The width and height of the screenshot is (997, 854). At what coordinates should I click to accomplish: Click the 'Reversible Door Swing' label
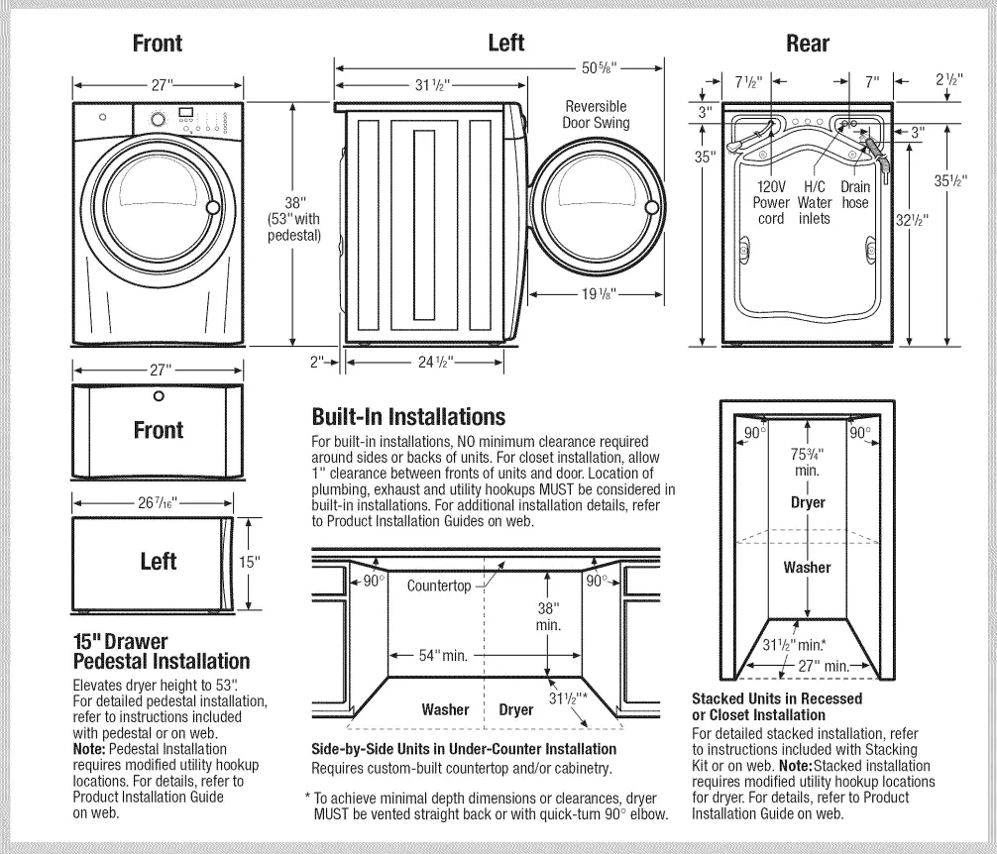pyautogui.click(x=596, y=115)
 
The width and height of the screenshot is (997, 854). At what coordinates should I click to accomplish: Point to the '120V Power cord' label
pyautogui.click(x=771, y=202)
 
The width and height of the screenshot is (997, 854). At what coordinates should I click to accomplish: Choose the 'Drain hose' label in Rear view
pyautogui.click(x=854, y=194)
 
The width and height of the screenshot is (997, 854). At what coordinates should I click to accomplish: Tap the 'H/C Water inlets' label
pyautogui.click(x=814, y=202)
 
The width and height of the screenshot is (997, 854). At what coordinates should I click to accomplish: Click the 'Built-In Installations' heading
pyautogui.click(x=408, y=416)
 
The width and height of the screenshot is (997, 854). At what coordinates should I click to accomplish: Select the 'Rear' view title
pyautogui.click(x=807, y=43)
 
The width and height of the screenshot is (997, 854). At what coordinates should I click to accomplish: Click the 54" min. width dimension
pyautogui.click(x=441, y=656)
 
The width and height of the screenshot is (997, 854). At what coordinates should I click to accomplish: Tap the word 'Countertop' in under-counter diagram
pyautogui.click(x=439, y=586)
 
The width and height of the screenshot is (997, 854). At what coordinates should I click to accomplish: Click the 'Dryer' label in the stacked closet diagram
pyautogui.click(x=808, y=502)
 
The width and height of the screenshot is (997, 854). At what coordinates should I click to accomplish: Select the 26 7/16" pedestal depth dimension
pyautogui.click(x=159, y=502)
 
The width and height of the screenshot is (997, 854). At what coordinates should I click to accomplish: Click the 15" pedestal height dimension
pyautogui.click(x=250, y=562)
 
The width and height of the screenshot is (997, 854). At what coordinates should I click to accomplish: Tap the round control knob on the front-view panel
pyautogui.click(x=158, y=118)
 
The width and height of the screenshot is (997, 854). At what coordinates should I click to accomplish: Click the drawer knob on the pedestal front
pyautogui.click(x=159, y=397)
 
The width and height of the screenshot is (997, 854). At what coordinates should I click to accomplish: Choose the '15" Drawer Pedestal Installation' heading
pyautogui.click(x=162, y=651)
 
